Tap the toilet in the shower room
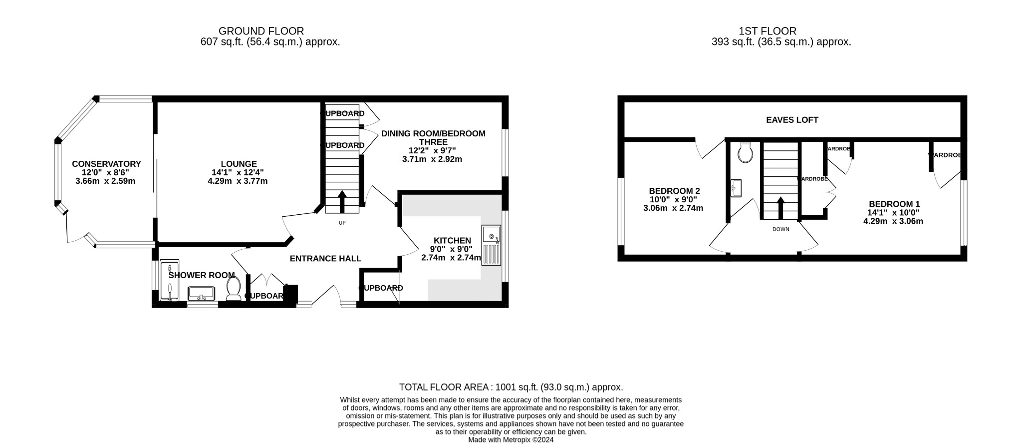234,289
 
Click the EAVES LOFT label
792,120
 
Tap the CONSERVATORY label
106,164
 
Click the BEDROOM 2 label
674,191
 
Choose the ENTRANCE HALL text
325,258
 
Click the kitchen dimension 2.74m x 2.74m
451,258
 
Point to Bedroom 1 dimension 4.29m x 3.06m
893,221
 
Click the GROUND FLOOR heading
261,31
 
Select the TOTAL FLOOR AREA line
511,387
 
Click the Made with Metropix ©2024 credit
511,440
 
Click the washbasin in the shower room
202,293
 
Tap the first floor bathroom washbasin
736,188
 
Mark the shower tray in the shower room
170,281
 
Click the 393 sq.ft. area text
733,42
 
